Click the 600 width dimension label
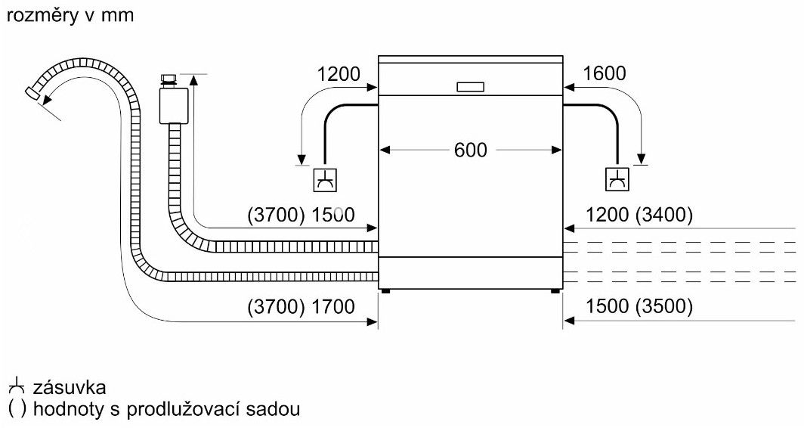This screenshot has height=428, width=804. (x=471, y=150)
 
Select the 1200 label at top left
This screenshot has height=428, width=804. (x=339, y=74)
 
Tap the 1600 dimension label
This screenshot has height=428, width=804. (x=605, y=74)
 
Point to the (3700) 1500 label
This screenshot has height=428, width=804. (x=301, y=215)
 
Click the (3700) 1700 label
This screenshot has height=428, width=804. (x=301, y=307)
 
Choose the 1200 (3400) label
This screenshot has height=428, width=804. (x=639, y=215)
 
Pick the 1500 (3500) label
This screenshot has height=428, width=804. (x=639, y=307)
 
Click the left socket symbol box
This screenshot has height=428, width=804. (x=326, y=179)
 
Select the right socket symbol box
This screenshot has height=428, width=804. (x=617, y=179)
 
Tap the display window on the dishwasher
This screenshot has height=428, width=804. (x=471, y=87)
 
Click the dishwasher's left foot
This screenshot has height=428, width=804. (x=386, y=290)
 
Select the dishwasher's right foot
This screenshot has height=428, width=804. (x=555, y=290)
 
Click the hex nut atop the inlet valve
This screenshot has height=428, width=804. (x=169, y=79)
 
